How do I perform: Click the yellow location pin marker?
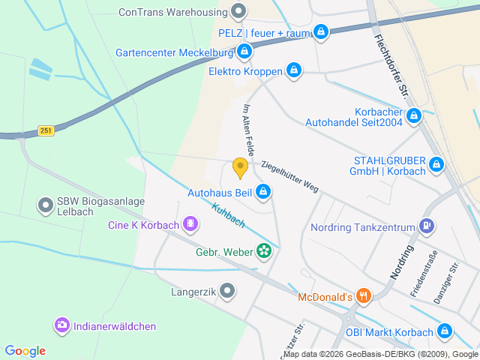[240, 167]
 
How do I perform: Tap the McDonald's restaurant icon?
[363, 296]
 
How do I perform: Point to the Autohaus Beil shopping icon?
[263, 193]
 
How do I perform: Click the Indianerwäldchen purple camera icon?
[61, 325]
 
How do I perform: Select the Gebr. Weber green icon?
[264, 250]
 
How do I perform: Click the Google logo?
[25, 350]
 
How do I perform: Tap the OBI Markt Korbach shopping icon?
[445, 331]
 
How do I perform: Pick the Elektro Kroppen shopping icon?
[294, 71]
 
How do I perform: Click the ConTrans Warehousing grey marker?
[238, 11]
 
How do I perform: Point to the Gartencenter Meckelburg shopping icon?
[244, 52]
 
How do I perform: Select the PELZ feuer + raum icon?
[321, 32]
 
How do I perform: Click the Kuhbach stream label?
[228, 217]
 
